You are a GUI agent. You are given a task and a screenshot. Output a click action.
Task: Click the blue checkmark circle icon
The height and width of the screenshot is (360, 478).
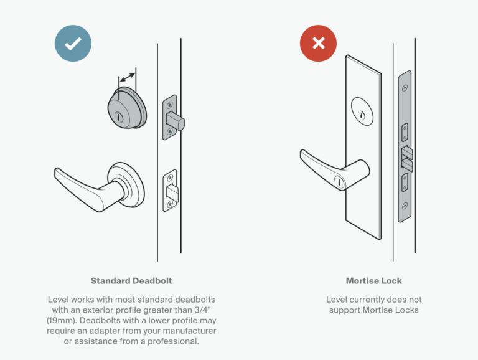click(x=73, y=43)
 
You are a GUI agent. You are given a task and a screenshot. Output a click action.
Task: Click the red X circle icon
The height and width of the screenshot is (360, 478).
click(x=318, y=43)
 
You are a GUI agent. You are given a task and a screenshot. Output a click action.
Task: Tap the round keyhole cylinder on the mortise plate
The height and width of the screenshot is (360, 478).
click(x=362, y=111)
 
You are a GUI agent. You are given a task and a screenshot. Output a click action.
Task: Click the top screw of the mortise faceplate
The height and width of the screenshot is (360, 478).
click(x=405, y=82)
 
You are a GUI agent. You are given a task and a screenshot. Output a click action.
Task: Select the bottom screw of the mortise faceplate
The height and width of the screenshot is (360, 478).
click(x=405, y=205)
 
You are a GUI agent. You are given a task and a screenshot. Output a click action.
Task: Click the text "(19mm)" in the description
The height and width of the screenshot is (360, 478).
click(x=63, y=321)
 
